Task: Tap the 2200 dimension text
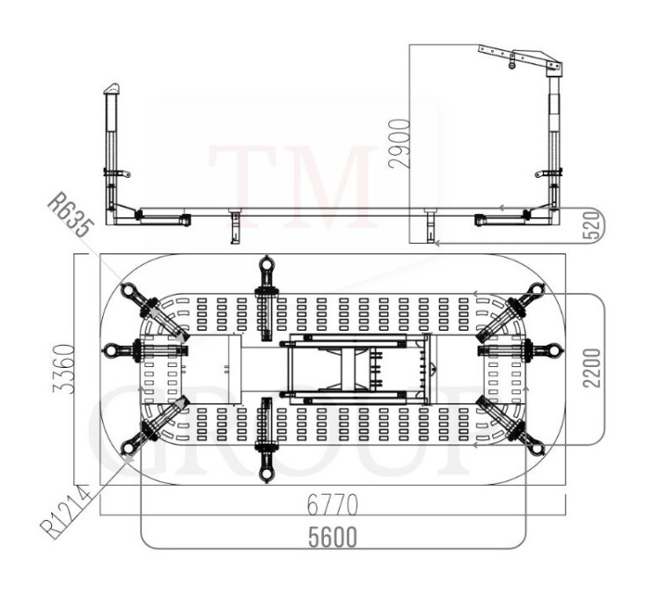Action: coord(590,370)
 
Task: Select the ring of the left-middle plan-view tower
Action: coord(110,351)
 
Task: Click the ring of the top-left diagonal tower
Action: coord(128,291)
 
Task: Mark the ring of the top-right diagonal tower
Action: coord(536,291)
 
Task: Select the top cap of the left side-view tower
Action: coord(110,90)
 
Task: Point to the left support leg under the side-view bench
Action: coord(234,225)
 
